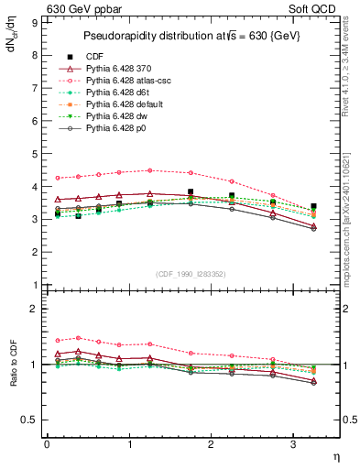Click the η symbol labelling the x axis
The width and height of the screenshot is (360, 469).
tap(334, 455)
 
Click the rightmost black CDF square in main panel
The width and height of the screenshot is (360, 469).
tap(313, 206)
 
